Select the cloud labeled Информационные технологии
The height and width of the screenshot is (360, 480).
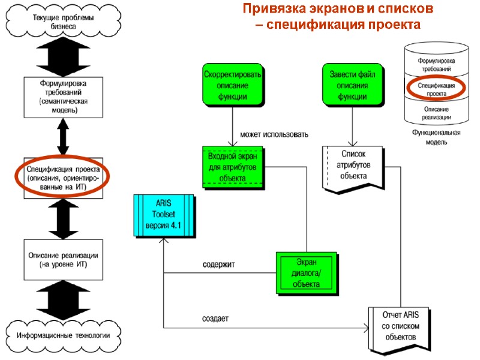click(64, 334)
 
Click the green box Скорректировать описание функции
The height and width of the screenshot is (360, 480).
click(232, 85)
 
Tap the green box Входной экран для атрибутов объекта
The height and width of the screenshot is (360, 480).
click(232, 166)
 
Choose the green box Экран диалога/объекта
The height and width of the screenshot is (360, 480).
click(307, 273)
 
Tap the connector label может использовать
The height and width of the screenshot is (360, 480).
click(274, 134)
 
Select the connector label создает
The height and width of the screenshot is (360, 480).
click(214, 317)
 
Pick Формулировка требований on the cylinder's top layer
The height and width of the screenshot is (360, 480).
click(436, 65)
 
